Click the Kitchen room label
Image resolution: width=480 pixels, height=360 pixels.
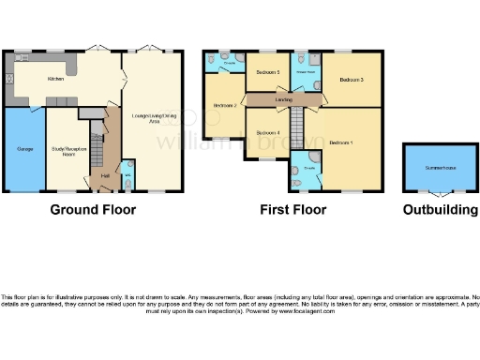(56, 80)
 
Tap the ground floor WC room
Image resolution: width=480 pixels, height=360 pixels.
(127, 175)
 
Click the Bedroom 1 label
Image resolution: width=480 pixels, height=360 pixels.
(341, 142)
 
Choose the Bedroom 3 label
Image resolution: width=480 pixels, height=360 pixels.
(351, 80)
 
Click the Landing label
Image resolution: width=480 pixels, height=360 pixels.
(284, 99)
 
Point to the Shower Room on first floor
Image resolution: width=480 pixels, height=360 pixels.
(304, 71)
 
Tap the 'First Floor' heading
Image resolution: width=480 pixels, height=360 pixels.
(292, 210)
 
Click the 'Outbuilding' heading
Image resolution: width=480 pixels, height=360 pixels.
(439, 210)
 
